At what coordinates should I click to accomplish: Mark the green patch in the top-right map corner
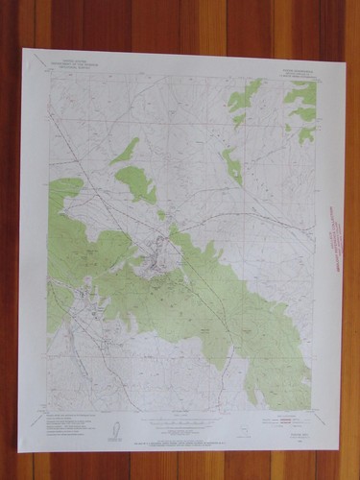point(301,93)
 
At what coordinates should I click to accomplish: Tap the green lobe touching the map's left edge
point(60,192)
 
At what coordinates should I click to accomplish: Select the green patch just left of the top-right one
point(245,95)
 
